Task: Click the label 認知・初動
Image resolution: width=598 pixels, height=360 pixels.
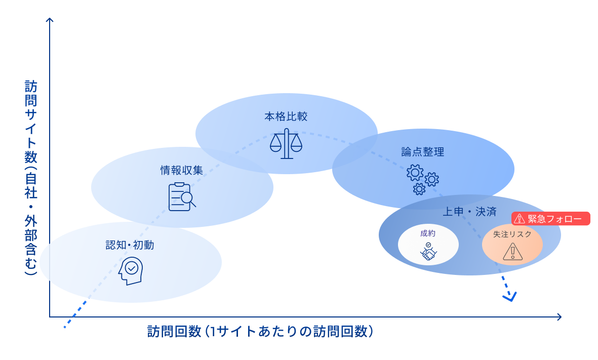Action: pos(130,246)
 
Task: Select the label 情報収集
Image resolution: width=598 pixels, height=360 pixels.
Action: pos(182,170)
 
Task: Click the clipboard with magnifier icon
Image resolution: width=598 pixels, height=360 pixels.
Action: pos(182,197)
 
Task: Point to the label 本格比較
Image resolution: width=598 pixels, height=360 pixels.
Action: pos(286,116)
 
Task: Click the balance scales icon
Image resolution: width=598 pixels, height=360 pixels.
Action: pos(286,144)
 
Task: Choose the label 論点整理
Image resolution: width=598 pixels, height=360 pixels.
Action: pos(422,151)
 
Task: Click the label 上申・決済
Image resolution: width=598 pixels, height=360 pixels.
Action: pos(469,212)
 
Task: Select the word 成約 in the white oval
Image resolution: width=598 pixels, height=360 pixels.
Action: pos(428,233)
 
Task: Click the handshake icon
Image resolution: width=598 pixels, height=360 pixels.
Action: pos(428,252)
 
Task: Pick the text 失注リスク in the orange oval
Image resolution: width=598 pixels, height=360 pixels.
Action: pos(512,234)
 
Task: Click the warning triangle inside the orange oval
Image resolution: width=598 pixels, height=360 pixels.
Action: pos(512,252)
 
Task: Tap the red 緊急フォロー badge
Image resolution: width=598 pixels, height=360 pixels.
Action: pos(551,219)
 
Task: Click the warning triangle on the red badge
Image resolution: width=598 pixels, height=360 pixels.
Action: pos(520,219)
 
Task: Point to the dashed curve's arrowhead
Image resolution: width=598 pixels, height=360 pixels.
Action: pos(509,297)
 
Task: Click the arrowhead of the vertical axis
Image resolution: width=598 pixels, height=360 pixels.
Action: pos(50,20)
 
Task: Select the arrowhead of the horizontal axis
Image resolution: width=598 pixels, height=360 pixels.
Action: pos(559,317)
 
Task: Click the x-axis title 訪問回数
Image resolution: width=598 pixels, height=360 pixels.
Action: pos(261,332)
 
